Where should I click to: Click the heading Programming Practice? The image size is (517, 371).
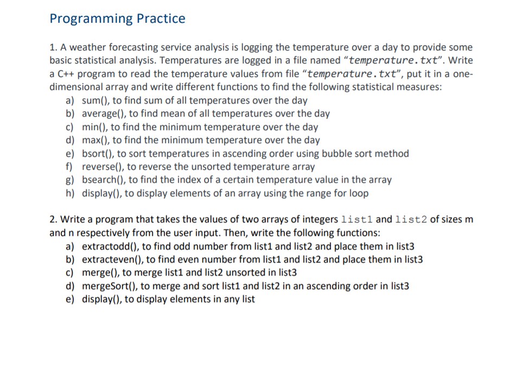point(117,19)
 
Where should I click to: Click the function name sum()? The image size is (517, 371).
point(95,100)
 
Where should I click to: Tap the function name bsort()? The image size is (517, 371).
point(97,153)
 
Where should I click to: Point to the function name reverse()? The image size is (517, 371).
point(101,167)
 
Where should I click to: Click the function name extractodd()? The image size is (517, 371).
point(109,246)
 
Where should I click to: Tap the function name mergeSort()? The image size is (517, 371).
point(108,286)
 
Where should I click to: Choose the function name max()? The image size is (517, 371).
point(95,140)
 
